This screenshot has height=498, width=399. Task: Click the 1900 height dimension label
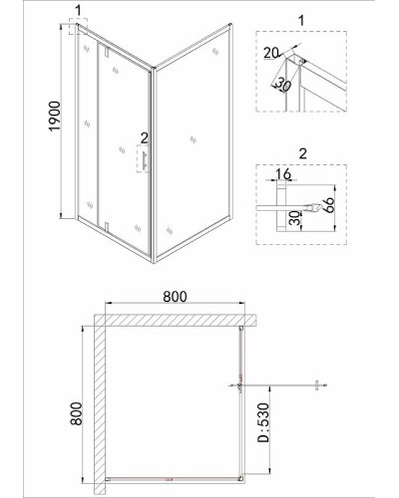coord(55,116)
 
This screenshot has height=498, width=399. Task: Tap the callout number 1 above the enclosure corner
coord(78,11)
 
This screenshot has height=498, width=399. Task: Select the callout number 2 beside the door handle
coord(144,137)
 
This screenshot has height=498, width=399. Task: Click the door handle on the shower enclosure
coord(145,161)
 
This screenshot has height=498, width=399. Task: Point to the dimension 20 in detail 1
coord(271,53)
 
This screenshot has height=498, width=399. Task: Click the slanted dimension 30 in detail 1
coord(283,86)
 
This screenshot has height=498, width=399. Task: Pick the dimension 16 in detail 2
coord(283,173)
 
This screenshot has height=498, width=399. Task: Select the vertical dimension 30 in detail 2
coord(295,218)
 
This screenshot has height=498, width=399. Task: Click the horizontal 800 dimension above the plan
coord(175,296)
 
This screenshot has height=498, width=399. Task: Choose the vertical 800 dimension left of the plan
coord(76,413)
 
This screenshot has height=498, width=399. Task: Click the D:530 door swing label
coord(262,422)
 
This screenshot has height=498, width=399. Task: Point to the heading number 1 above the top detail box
coord(301,21)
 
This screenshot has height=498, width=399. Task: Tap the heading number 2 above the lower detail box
coord(302,154)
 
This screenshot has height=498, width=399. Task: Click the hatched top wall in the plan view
coord(176,320)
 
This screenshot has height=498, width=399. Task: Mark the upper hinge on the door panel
coord(107,52)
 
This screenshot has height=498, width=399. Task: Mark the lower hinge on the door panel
coord(107,226)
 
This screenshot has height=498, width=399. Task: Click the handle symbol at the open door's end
coord(317,385)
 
